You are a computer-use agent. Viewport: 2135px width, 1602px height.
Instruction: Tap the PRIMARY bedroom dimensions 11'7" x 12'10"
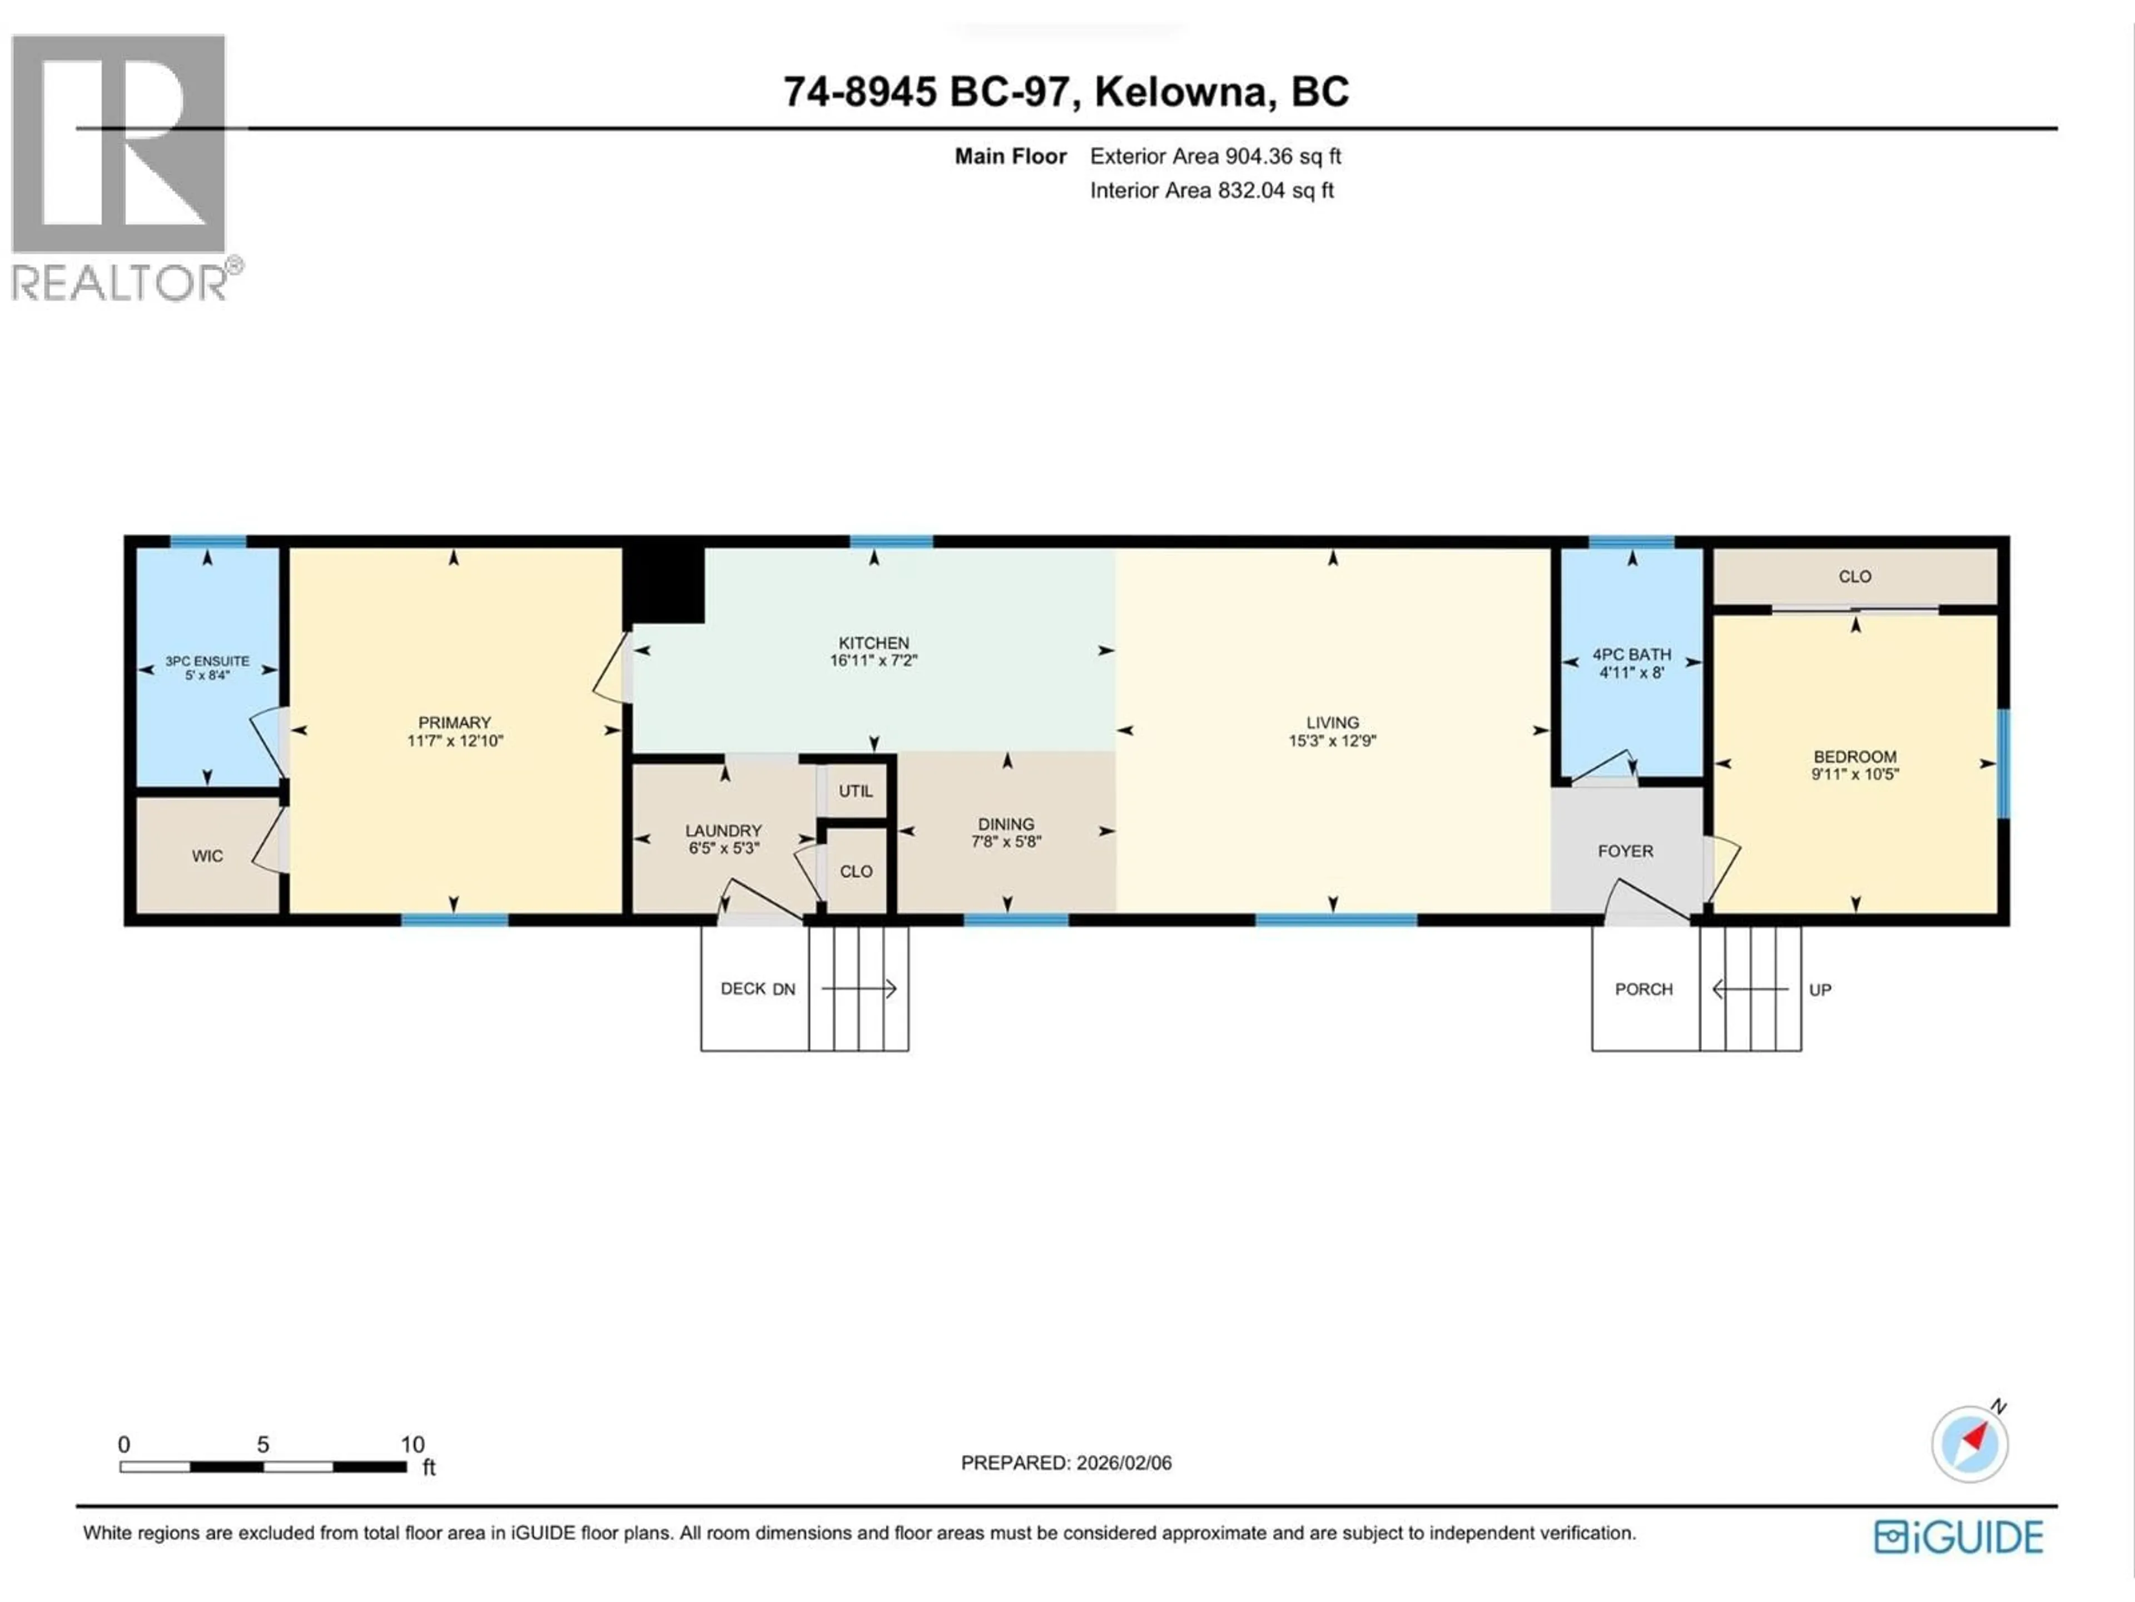point(455,741)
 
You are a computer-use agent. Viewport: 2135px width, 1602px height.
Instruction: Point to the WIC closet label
point(207,856)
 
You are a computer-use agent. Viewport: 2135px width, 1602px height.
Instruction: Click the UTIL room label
point(855,791)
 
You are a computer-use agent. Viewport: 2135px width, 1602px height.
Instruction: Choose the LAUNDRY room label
point(723,830)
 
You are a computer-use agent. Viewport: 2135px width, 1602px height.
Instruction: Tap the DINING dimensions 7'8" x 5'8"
point(1006,841)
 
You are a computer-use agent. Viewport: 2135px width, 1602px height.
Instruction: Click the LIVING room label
point(1332,723)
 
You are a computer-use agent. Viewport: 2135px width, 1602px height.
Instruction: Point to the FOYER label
point(1625,851)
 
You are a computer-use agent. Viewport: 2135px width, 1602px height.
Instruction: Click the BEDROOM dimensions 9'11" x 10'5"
point(1854,774)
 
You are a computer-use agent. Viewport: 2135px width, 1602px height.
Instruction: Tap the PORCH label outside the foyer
point(1643,989)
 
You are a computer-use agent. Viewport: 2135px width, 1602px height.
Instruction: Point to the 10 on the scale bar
point(412,1445)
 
